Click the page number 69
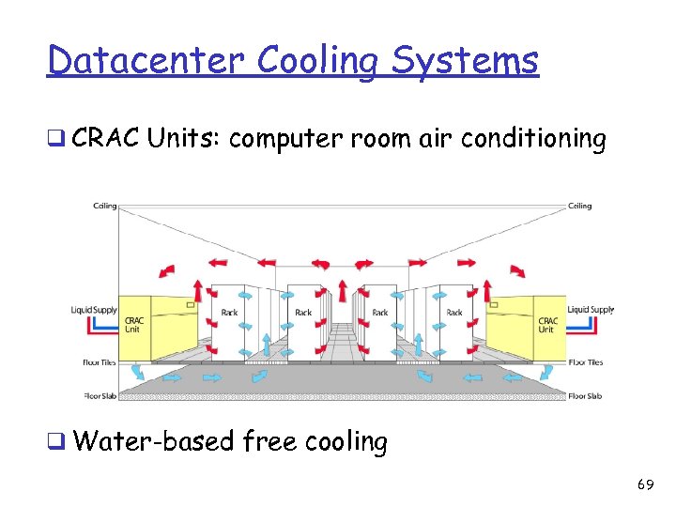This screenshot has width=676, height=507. [x=645, y=484]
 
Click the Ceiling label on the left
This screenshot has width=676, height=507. [x=104, y=206]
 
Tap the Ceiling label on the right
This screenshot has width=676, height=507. [x=580, y=206]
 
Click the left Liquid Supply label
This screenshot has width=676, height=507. [x=94, y=310]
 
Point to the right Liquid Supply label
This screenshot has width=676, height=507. [x=590, y=310]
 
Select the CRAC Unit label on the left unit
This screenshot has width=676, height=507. [x=135, y=325]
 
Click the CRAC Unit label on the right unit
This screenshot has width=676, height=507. [x=547, y=325]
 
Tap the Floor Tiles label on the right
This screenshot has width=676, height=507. [x=585, y=362]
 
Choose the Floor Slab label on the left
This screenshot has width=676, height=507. [x=100, y=396]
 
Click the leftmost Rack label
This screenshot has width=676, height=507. [x=229, y=313]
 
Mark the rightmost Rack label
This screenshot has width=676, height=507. [x=454, y=313]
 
